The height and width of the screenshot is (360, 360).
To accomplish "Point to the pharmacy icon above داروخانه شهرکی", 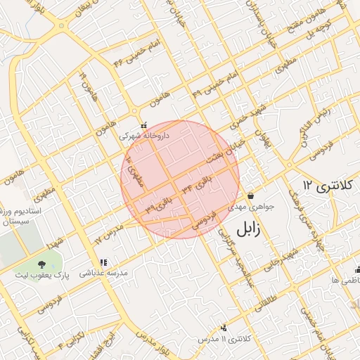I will (x=143, y=125).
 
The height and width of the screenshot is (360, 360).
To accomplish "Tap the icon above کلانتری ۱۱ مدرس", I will (x=224, y=327).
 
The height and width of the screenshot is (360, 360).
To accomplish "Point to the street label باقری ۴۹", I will (x=159, y=205).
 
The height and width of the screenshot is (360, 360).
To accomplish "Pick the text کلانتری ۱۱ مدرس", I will (x=224, y=339).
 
